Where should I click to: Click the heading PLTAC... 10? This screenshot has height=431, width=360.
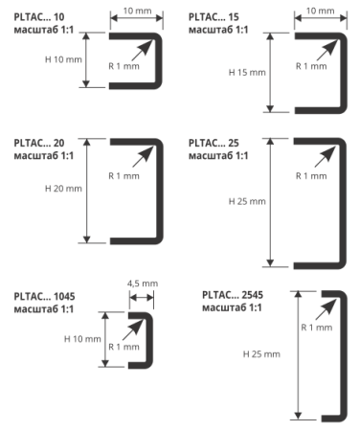click(x=39, y=17)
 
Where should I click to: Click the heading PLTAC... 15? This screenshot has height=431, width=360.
click(x=214, y=17)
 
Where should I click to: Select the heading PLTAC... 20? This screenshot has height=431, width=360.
click(x=39, y=143)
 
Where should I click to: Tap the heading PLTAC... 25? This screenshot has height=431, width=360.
click(x=214, y=143)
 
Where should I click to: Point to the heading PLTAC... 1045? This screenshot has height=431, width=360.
click(x=44, y=297)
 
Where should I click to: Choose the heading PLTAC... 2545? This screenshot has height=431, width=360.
click(x=233, y=295)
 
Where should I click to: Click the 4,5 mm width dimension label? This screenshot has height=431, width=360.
click(x=143, y=284)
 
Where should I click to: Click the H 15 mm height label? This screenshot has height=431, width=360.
click(x=247, y=73)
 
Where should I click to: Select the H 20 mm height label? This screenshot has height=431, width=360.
click(x=63, y=189)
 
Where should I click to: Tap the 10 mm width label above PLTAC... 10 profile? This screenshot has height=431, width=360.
click(x=137, y=11)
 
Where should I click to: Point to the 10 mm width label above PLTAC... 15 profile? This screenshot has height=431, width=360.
click(x=321, y=11)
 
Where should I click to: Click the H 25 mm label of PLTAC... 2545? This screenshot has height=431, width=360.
click(x=261, y=354)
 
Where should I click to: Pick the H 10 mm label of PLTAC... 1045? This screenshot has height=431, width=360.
click(x=82, y=339)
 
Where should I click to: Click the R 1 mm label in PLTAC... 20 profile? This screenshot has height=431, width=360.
click(x=124, y=176)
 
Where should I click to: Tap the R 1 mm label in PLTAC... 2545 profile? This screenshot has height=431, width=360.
click(x=317, y=328)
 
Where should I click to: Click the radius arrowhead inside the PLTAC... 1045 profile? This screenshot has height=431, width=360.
click(x=138, y=325)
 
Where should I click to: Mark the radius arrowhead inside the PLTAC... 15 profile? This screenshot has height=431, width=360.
click(x=331, y=46)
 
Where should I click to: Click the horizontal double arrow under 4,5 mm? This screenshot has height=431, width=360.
click(x=142, y=298)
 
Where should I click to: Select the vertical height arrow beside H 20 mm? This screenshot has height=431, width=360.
click(x=87, y=191)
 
